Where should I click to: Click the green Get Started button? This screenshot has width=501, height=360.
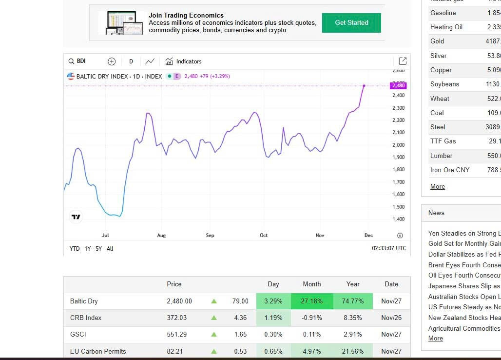(351, 23)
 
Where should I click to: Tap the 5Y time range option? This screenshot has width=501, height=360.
(99, 249)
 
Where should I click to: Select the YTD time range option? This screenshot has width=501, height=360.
(75, 249)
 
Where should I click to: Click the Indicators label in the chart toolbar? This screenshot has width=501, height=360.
(189, 61)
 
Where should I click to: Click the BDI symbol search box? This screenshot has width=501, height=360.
(81, 61)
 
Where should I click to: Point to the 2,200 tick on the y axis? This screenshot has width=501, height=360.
(398, 120)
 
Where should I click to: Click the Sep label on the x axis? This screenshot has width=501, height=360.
(210, 236)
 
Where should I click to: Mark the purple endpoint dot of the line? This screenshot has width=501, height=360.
(364, 86)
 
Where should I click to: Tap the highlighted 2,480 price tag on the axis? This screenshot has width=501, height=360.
(398, 86)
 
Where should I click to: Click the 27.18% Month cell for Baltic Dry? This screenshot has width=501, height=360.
(311, 301)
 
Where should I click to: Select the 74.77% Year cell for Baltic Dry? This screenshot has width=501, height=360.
(352, 301)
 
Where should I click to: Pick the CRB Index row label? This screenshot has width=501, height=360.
(86, 318)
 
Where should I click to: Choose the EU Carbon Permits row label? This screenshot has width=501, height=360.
(98, 351)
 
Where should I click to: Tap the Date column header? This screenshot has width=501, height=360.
(391, 284)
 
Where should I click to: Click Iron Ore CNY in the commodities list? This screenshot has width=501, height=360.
(450, 170)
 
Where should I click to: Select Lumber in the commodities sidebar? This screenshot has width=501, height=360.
(441, 156)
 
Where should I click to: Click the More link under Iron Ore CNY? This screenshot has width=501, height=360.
(438, 186)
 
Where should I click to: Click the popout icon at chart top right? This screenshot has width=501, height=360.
(403, 61)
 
